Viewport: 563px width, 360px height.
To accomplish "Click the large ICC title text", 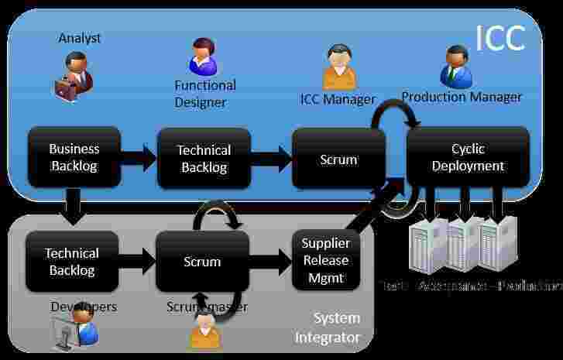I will pyautogui.click(x=499, y=37).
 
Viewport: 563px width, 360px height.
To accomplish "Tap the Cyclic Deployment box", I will pyautogui.click(x=468, y=156).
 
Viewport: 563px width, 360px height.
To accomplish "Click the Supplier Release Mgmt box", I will pyautogui.click(x=326, y=260).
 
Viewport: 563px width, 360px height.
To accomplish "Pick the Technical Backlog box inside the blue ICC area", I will pyautogui.click(x=204, y=158).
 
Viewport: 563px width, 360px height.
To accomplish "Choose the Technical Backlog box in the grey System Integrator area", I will pyautogui.click(x=72, y=262).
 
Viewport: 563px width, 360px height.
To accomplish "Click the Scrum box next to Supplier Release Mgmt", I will pyautogui.click(x=202, y=262).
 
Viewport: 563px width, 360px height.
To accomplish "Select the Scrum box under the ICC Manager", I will pyautogui.click(x=338, y=159).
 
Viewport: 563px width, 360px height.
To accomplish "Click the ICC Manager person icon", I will pyautogui.click(x=338, y=67).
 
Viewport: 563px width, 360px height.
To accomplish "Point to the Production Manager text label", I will pyautogui.click(x=462, y=97).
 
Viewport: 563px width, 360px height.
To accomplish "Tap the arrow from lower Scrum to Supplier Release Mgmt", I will pyautogui.click(x=270, y=262).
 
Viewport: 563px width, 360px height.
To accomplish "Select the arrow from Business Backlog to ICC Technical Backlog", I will pyautogui.click(x=139, y=159).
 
